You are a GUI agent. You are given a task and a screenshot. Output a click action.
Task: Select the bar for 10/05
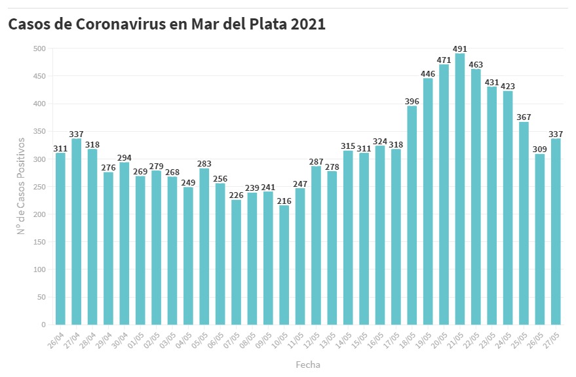tap(284, 265)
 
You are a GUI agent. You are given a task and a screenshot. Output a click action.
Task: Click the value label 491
tap(459, 49)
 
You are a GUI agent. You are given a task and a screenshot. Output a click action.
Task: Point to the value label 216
tap(284, 200)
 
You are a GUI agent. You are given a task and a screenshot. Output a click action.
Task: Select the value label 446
tap(428, 73)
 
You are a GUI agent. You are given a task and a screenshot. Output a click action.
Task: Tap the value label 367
tap(524, 117)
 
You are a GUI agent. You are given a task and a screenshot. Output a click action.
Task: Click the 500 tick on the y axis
tap(39, 49)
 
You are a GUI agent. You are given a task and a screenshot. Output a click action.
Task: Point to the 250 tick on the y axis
tap(39, 187)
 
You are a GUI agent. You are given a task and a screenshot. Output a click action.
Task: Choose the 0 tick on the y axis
tap(43, 325)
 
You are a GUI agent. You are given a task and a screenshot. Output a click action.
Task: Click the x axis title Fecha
tap(308, 364)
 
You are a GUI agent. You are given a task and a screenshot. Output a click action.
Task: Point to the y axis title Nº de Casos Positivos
tap(21, 186)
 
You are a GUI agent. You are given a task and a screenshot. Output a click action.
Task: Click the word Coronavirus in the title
tap(134, 24)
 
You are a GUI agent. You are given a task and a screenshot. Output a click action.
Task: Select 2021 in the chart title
tap(305, 24)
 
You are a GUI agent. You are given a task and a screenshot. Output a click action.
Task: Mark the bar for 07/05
tap(236, 262)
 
